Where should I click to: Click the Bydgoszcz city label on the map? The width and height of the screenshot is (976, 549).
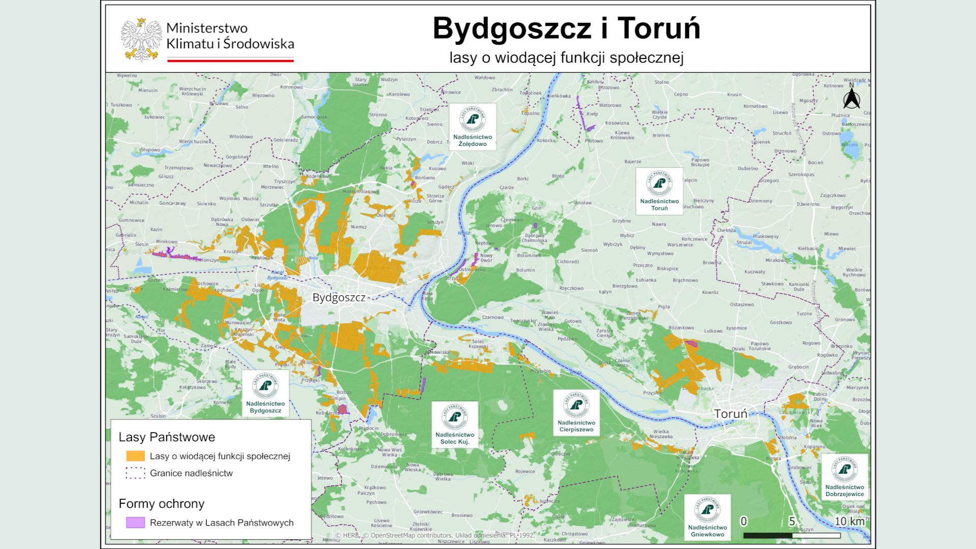pos(339,297)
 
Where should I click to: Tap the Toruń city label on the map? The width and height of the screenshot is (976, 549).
pos(730,414)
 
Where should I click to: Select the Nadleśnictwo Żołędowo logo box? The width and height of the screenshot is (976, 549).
pos(473,127)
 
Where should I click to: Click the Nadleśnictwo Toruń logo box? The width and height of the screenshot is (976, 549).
pos(659,191)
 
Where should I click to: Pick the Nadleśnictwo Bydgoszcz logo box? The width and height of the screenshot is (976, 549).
pos(265,393)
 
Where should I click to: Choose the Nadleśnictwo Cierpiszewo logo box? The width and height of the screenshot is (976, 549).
pos(576,412)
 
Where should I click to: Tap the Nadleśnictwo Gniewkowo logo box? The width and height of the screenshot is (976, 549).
pos(707,517)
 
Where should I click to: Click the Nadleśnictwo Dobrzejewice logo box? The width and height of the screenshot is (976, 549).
pos(844,476)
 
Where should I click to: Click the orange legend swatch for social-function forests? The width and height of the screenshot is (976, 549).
pos(135,456)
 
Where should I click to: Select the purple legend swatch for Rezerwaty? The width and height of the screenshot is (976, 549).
pos(135,523)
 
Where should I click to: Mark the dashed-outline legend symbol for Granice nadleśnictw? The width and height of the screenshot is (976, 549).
pos(135,473)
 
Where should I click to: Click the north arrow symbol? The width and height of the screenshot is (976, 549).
pos(851,98)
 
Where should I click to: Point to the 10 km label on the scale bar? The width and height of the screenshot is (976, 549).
pos(849,521)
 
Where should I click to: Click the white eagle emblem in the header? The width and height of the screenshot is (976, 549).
pos(141,40)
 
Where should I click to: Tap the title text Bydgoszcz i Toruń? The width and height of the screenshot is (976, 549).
pos(566,28)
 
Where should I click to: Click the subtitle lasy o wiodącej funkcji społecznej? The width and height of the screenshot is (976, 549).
pos(566,57)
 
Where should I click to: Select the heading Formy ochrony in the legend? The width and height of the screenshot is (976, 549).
pos(161,504)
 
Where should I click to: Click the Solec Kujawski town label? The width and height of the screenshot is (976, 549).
pos(478,344)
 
